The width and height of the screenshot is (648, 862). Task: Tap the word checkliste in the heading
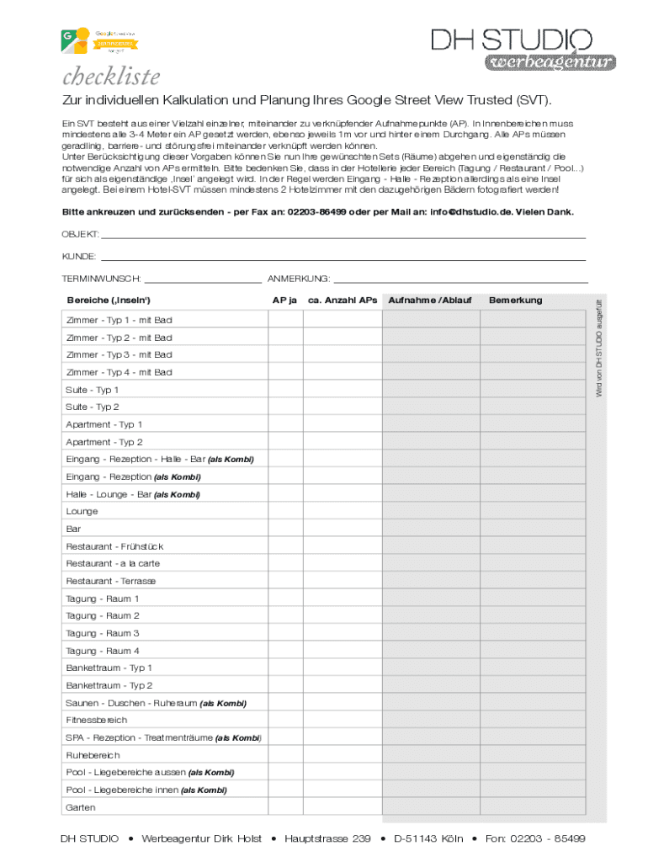(x=110, y=77)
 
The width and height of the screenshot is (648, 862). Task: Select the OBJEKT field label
(x=80, y=233)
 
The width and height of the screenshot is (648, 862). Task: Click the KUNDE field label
(x=78, y=256)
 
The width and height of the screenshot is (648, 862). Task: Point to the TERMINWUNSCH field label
(x=101, y=278)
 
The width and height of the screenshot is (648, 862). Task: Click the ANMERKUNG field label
(x=298, y=278)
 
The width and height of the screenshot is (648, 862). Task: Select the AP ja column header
(x=284, y=300)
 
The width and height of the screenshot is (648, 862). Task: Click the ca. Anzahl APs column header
(x=342, y=300)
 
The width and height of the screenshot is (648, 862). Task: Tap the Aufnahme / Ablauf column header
(x=429, y=300)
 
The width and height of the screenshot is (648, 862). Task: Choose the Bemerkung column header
(x=515, y=300)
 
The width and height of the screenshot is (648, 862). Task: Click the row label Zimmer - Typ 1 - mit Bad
(x=119, y=320)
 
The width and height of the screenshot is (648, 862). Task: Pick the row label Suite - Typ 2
(x=93, y=407)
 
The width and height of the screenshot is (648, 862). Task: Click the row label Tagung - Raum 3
(x=103, y=633)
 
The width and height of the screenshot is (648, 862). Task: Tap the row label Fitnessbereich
(x=97, y=720)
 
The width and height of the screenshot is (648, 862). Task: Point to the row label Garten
(x=81, y=807)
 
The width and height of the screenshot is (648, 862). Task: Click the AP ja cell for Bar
(x=284, y=529)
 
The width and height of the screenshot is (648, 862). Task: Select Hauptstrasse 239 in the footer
(x=327, y=838)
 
